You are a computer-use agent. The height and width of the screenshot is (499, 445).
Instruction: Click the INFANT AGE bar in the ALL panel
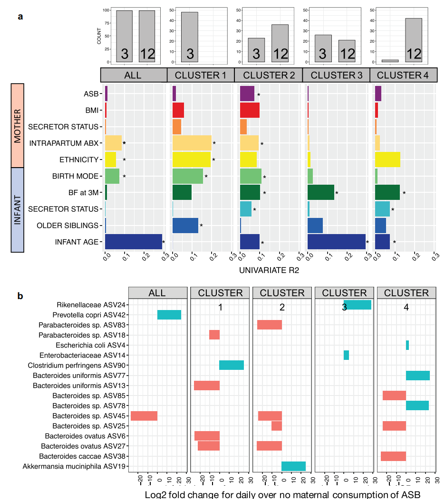(x=133, y=241)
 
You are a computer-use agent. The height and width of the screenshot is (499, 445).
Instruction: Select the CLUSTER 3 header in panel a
(x=336, y=75)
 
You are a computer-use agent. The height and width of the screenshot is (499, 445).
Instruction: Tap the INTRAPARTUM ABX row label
(x=63, y=143)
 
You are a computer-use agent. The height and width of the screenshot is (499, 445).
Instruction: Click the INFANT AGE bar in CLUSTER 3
(x=337, y=241)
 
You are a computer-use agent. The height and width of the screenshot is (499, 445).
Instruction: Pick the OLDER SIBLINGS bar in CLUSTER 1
(x=185, y=225)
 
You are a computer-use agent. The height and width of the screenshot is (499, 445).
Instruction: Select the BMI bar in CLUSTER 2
(x=250, y=110)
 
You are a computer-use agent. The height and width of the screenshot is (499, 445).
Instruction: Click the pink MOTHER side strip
(x=17, y=126)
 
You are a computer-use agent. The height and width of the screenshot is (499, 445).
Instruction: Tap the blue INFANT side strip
(x=17, y=209)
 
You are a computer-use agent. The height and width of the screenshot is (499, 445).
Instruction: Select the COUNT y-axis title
(x=99, y=36)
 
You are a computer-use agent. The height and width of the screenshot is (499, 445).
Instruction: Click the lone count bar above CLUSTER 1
(x=190, y=37)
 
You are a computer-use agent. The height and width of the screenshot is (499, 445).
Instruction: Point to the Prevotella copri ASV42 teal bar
(x=169, y=315)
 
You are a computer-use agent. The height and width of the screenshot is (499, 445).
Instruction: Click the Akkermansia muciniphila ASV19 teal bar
(x=293, y=466)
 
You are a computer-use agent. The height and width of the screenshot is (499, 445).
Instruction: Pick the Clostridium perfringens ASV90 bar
(x=232, y=365)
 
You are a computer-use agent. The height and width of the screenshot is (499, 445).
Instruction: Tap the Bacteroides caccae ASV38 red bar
(x=393, y=456)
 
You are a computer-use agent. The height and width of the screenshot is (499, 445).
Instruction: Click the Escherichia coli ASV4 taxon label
(x=90, y=345)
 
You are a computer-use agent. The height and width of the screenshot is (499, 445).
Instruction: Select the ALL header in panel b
(x=157, y=293)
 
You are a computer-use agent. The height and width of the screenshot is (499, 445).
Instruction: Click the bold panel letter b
(x=20, y=296)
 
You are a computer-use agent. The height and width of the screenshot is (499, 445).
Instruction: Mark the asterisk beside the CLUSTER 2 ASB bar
(x=259, y=95)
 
